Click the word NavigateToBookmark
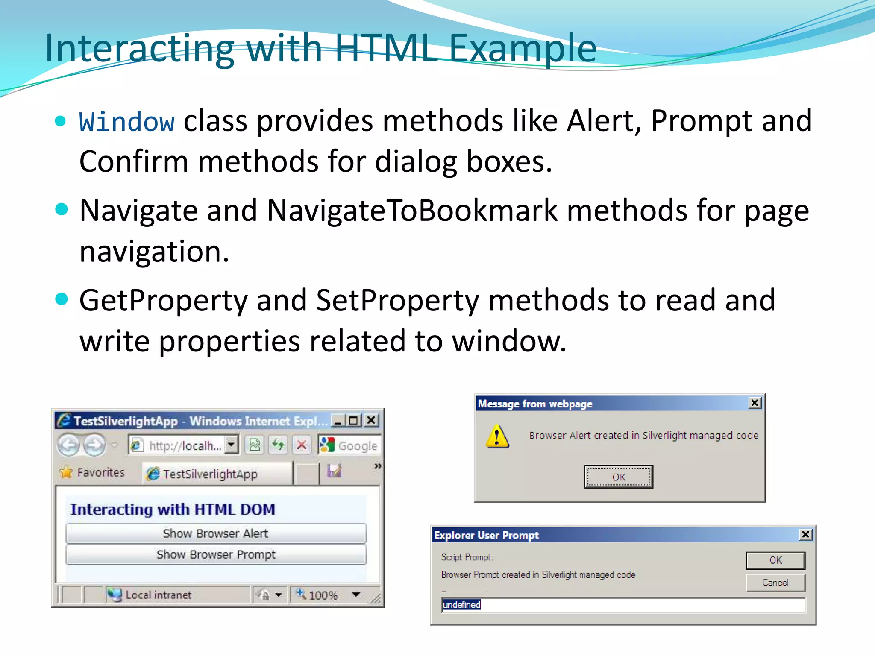point(412,211)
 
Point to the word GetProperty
point(163,301)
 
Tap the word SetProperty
point(397,301)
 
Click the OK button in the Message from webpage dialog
point(618,477)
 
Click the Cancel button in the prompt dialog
point(775,583)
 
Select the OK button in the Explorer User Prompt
point(775,560)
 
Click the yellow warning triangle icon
point(497,436)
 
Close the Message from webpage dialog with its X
point(755,403)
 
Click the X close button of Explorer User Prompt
point(805,534)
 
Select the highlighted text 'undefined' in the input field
point(461,605)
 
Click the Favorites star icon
point(66,472)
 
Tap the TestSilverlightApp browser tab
point(209,474)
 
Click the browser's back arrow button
point(68,445)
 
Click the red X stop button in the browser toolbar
point(302,445)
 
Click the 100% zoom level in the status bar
point(323,595)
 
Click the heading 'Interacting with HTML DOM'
point(173,510)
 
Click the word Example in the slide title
point(523,48)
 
